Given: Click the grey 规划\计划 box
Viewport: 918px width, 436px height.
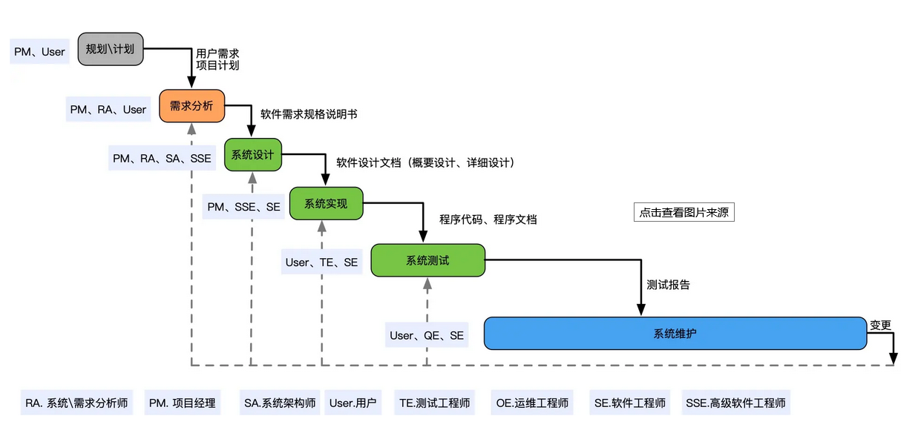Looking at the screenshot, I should [111, 49].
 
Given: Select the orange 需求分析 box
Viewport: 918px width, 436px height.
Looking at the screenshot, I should [191, 105].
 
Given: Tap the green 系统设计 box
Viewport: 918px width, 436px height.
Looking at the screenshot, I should [253, 155].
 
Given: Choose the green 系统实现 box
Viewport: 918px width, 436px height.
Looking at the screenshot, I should [326, 203].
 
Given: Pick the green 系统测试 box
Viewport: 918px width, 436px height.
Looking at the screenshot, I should [427, 260].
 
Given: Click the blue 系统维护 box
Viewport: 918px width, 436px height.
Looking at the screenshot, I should [675, 333].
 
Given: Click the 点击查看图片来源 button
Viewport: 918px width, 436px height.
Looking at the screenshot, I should [683, 212].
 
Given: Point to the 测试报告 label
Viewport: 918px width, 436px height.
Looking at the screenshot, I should [668, 285].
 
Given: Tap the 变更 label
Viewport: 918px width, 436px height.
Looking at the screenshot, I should [880, 325].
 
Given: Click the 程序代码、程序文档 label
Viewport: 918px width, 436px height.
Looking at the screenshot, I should [488, 219].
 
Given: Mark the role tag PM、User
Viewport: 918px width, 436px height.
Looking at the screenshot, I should [40, 52].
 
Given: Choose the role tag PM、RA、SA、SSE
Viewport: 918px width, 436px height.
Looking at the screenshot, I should [162, 158].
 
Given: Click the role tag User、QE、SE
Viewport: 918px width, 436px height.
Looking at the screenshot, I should [427, 336].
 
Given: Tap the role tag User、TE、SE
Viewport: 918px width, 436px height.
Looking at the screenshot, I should [321, 262].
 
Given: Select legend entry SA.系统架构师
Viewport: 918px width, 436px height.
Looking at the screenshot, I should [280, 403].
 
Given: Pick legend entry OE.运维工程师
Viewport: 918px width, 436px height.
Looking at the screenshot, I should [532, 403].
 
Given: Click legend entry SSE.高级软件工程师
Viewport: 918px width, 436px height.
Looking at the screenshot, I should [735, 403].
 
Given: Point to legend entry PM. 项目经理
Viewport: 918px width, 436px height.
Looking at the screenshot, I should [183, 403].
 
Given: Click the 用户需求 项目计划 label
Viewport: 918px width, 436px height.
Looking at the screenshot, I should [217, 59].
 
